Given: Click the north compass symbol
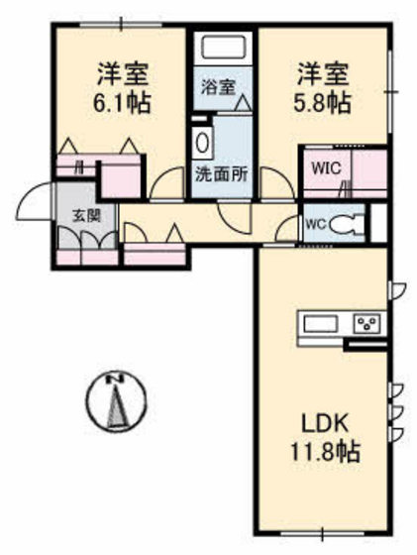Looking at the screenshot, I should tap(118, 401).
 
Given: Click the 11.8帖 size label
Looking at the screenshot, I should tap(323, 452).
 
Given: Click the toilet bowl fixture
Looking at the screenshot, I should tap(344, 223).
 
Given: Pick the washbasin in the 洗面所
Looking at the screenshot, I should tap(203, 141).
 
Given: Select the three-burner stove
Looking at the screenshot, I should tap(367, 323).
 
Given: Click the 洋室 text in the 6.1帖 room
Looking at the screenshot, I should tap(124, 72).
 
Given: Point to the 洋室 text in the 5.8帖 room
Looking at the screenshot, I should tap(324, 72).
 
